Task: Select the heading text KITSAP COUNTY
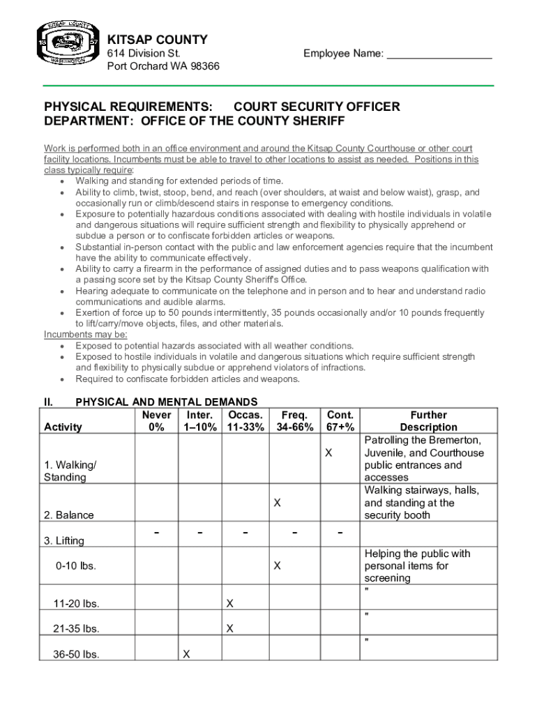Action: coord(157,40)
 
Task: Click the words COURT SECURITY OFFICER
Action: coord(317,107)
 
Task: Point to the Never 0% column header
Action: coord(156,421)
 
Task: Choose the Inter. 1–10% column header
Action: coord(199,421)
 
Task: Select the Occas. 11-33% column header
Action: coord(244,421)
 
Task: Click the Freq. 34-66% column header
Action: coord(294,421)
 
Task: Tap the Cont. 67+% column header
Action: coord(340,421)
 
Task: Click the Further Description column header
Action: coord(428,421)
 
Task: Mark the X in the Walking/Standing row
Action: coord(327,453)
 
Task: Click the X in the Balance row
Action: coord(277,503)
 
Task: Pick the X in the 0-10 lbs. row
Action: coord(277,566)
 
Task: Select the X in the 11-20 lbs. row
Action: coord(229,603)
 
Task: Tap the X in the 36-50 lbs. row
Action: coord(186,654)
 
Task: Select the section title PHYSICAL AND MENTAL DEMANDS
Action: coord(167,402)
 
